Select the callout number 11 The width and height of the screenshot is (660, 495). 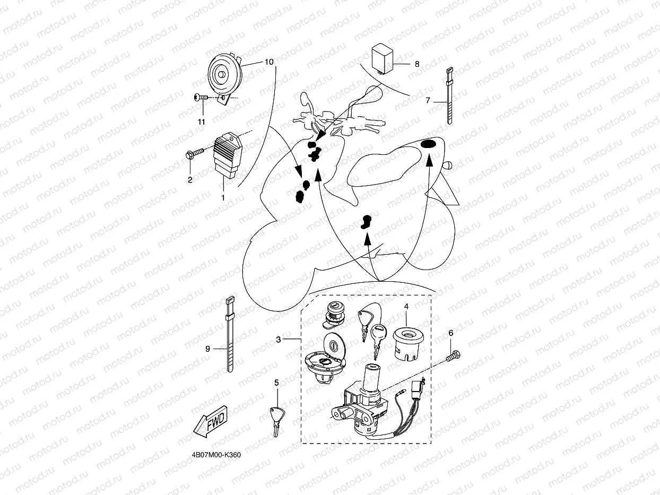201,122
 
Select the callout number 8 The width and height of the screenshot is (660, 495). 417,64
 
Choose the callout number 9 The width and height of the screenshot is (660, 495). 208,349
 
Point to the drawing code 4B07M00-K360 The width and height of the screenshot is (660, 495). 218,455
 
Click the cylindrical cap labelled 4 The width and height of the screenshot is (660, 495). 406,342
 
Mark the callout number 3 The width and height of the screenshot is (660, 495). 279,339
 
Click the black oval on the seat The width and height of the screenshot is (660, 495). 428,145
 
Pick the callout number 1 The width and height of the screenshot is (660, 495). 223,197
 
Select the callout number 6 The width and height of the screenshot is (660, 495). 451,333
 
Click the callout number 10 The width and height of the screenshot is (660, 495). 269,62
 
